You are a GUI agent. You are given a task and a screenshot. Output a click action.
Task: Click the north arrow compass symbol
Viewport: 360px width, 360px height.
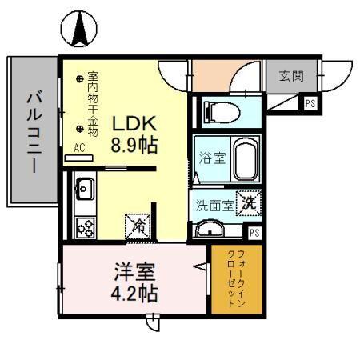click(x=80, y=30)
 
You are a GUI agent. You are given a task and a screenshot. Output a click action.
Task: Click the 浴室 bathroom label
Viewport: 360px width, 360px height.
click(x=211, y=158)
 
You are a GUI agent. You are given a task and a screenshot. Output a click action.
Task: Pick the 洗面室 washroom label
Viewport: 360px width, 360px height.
click(x=214, y=205)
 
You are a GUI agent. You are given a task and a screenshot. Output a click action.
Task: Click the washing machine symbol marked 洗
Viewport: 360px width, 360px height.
click(x=250, y=204)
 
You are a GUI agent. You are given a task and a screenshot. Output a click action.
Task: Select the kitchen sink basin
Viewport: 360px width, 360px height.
click(x=84, y=191)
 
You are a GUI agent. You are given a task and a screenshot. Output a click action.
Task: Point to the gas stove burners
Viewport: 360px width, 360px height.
click(x=84, y=227)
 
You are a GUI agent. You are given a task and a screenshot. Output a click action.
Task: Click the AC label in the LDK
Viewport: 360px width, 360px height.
click(x=79, y=147)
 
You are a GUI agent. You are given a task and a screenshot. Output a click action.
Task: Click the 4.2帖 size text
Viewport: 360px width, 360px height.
click(x=133, y=292)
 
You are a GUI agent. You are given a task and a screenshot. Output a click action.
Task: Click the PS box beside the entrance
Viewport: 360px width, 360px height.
click(x=309, y=102)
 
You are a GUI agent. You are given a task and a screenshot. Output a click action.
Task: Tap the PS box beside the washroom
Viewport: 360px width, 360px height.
click(x=254, y=233)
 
